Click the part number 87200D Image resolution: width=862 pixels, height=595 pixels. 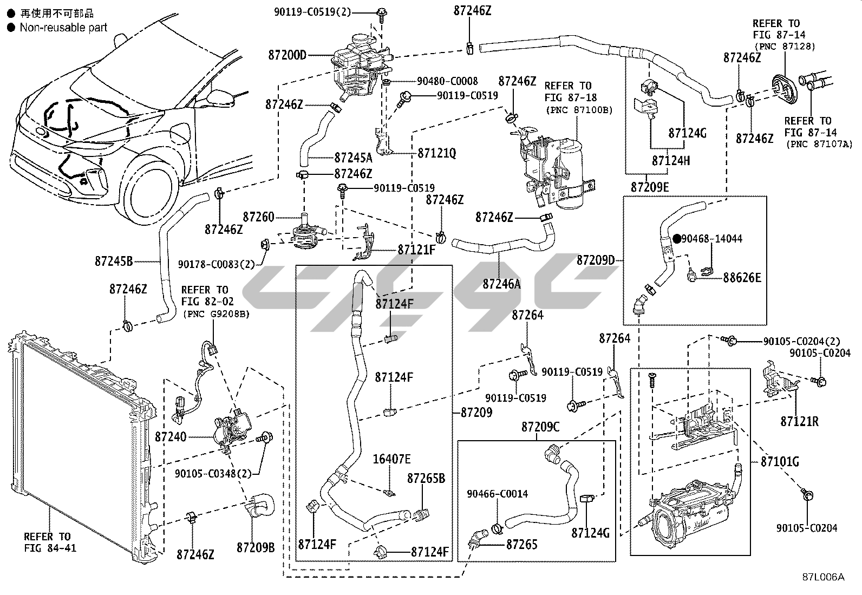pos(287,55)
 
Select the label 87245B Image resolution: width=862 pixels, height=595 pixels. pos(114,261)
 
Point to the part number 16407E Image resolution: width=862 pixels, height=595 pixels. pos(391,460)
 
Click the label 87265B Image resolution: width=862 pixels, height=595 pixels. pos(426,479)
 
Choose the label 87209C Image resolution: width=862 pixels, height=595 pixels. pos(540,427)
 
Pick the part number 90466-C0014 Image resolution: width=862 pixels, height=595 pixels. pos(498,494)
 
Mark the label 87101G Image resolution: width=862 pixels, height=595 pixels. pos(780,462)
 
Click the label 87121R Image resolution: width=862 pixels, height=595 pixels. pos(799,421)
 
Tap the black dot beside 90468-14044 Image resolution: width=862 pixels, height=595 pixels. pos(676,238)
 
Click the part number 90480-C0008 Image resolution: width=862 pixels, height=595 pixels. pos(447,81)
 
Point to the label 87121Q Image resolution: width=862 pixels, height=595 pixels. pos(437,154)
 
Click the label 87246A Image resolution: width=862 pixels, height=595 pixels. pos(502,283)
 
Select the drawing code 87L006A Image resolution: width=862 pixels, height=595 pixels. pos(823,577)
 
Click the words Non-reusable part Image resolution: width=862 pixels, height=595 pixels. pos(63,27)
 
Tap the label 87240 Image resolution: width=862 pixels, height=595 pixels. pos(171,436)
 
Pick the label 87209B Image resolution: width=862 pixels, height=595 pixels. pos(256,547)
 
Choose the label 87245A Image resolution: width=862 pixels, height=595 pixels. pos(353,158)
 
